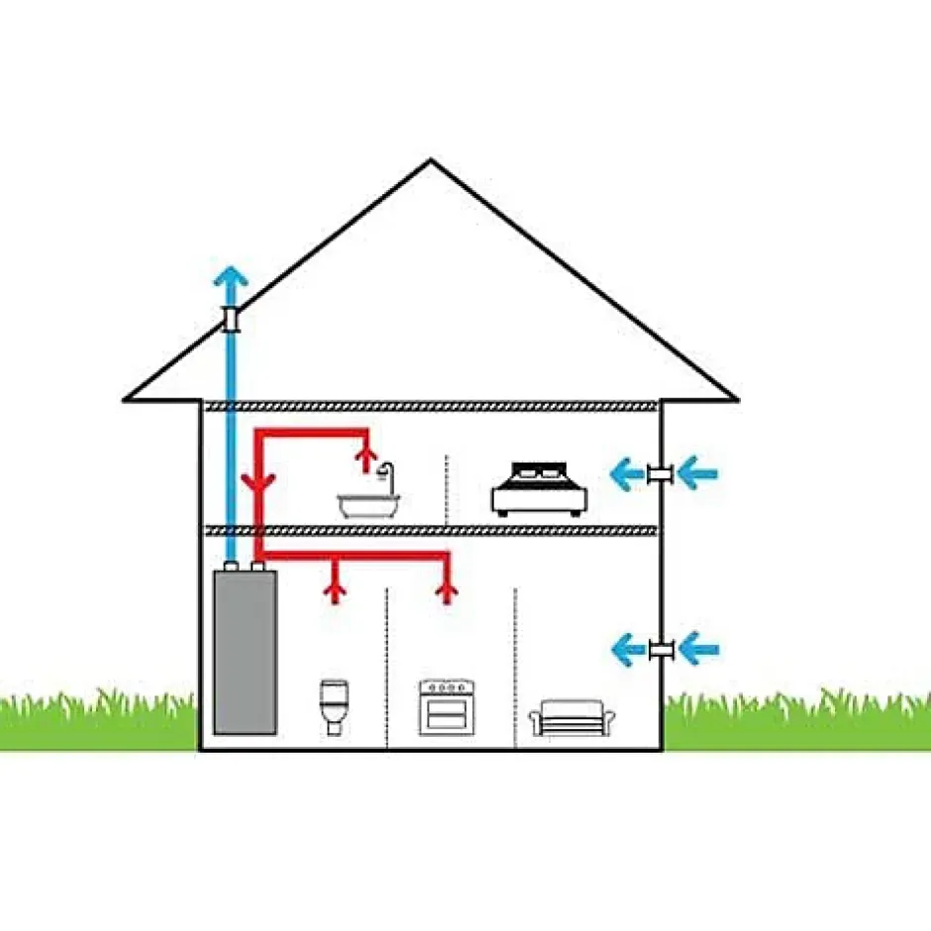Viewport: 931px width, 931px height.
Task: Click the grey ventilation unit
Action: coord(245,652)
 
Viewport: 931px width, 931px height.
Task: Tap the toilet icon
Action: coord(335,706)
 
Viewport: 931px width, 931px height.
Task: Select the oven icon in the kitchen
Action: coord(443,706)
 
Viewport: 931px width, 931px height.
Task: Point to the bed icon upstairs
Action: coord(540,488)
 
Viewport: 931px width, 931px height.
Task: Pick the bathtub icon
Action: coord(368,506)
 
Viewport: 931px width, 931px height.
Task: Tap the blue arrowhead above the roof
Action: coord(231,278)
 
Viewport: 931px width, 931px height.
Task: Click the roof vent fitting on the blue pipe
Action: coord(231,319)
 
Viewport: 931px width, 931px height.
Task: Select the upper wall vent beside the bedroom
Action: coord(661,474)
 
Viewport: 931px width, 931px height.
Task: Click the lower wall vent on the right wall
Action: coord(661,650)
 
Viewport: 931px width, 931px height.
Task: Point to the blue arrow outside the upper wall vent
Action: coord(697,474)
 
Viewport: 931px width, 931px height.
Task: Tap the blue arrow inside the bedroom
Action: coord(626,474)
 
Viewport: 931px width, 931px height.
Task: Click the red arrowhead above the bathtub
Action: coord(367,455)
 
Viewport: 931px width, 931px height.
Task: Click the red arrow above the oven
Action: coord(449,592)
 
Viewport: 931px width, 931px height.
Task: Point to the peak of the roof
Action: coord(431,161)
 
